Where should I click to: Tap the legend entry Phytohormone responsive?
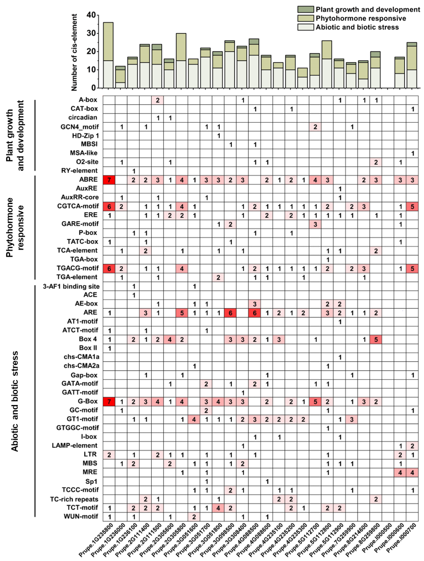[361, 18]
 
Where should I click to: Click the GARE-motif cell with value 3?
[315, 224]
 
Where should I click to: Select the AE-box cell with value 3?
[255, 304]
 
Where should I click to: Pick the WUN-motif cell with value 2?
[194, 516]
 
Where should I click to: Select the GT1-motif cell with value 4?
[194, 419]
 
